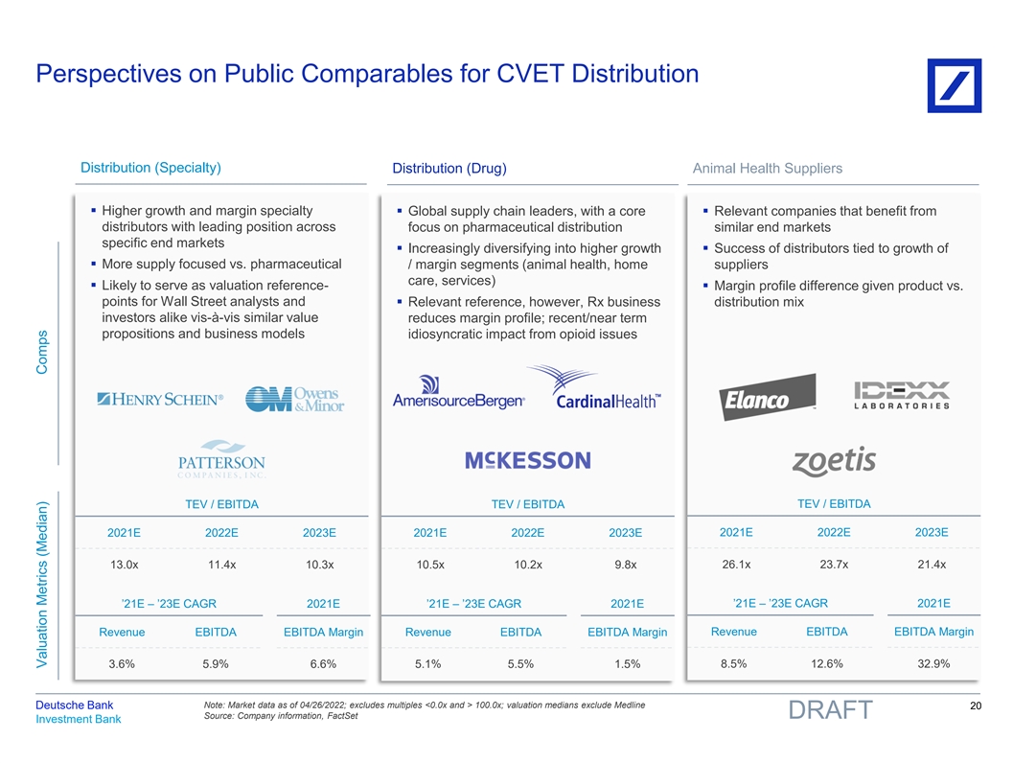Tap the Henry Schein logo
[x=160, y=400]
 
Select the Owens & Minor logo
[x=294, y=400]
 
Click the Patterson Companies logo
[x=220, y=459]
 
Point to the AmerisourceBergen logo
[x=458, y=392]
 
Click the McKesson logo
[x=527, y=461]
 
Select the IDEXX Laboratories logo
[x=901, y=395]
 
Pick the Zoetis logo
[x=833, y=461]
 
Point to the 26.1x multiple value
[x=736, y=564]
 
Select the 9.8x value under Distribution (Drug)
[x=625, y=565]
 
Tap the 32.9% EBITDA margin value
[x=932, y=663]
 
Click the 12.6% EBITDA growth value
[x=826, y=663]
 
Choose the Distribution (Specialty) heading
[x=151, y=168]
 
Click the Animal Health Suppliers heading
[x=767, y=169]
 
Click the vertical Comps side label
[x=42, y=353]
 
